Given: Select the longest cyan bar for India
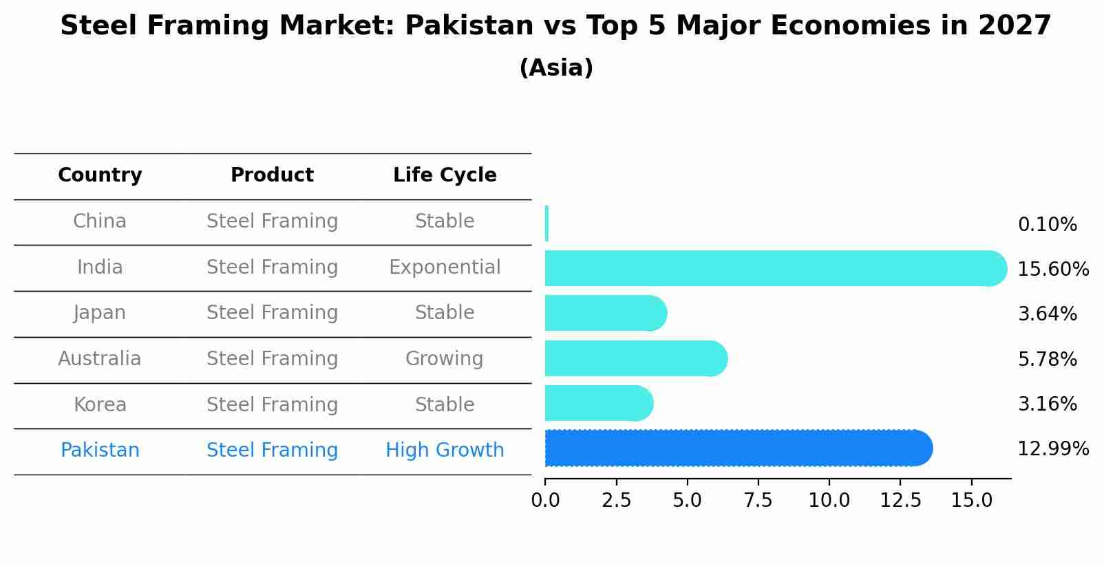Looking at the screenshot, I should [775, 268].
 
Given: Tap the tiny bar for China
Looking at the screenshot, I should [546, 224].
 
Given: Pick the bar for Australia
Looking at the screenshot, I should [635, 358].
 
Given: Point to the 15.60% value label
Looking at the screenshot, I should [1052, 270].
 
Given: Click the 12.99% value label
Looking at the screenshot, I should [1052, 449].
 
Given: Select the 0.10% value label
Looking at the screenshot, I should [1047, 225].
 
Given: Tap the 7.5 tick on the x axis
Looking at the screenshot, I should [758, 501].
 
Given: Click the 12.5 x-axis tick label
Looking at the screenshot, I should [900, 501].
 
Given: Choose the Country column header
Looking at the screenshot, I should [100, 175].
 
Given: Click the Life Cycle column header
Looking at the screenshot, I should [445, 175].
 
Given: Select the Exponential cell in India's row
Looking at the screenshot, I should [445, 268].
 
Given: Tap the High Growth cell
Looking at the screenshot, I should [445, 450].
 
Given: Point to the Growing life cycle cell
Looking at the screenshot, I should [445, 359].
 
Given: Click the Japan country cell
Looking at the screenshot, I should [100, 313].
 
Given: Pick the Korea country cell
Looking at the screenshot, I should [100, 404].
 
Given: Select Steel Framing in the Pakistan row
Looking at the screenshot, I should [272, 450].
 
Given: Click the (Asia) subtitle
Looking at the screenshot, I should [556, 68].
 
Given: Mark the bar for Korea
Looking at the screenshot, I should [598, 403].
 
